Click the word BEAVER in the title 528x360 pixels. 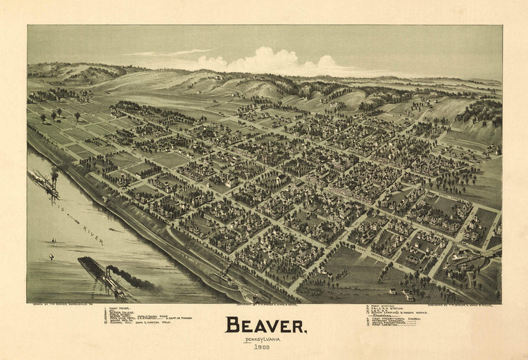coord(265,325)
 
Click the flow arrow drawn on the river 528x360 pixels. coord(72,220)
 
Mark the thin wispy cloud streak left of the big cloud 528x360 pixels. coord(169,53)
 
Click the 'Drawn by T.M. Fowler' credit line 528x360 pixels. coord(63,304)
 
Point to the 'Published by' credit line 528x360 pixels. coord(458,304)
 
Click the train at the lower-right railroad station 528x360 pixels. coord(468,258)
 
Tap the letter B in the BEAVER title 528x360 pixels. coord(233,325)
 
